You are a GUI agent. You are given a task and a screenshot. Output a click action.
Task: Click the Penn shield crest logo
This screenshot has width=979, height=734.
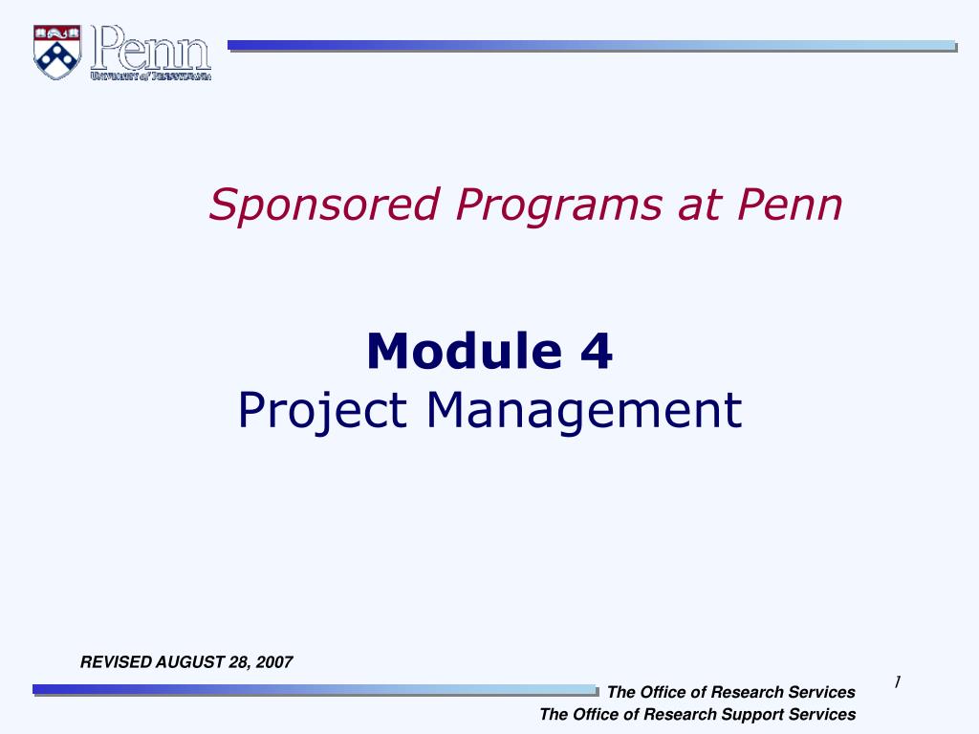click(56, 53)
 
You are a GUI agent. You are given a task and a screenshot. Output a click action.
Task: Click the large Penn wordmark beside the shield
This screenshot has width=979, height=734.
click(150, 48)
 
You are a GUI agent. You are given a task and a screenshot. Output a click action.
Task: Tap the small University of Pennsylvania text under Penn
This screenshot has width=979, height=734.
click(150, 76)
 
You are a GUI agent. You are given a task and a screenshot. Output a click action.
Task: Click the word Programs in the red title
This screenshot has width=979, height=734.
click(558, 205)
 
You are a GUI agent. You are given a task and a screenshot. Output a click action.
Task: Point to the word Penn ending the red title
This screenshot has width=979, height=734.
click(790, 204)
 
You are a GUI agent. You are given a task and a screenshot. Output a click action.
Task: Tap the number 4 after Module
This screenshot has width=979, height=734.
click(597, 351)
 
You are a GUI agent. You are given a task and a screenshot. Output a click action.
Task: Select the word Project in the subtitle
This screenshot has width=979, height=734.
click(323, 410)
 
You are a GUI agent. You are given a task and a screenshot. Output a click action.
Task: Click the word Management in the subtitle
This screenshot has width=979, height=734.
click(584, 410)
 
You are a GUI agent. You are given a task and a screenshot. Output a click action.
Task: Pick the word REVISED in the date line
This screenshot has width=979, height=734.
click(116, 661)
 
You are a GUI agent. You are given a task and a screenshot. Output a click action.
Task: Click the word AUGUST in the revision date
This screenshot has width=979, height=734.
click(190, 661)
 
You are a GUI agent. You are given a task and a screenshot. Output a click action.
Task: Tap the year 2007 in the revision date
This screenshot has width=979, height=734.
click(274, 661)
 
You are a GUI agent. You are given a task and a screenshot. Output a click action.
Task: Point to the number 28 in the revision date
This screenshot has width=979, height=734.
click(238, 662)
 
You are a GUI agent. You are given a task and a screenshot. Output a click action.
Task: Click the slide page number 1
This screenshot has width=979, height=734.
click(897, 682)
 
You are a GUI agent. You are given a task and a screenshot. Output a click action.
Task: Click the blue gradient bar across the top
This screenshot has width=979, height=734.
click(592, 46)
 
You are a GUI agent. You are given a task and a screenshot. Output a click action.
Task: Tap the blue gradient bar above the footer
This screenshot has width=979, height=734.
click(315, 690)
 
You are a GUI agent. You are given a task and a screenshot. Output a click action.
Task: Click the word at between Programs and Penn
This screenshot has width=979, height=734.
click(699, 205)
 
